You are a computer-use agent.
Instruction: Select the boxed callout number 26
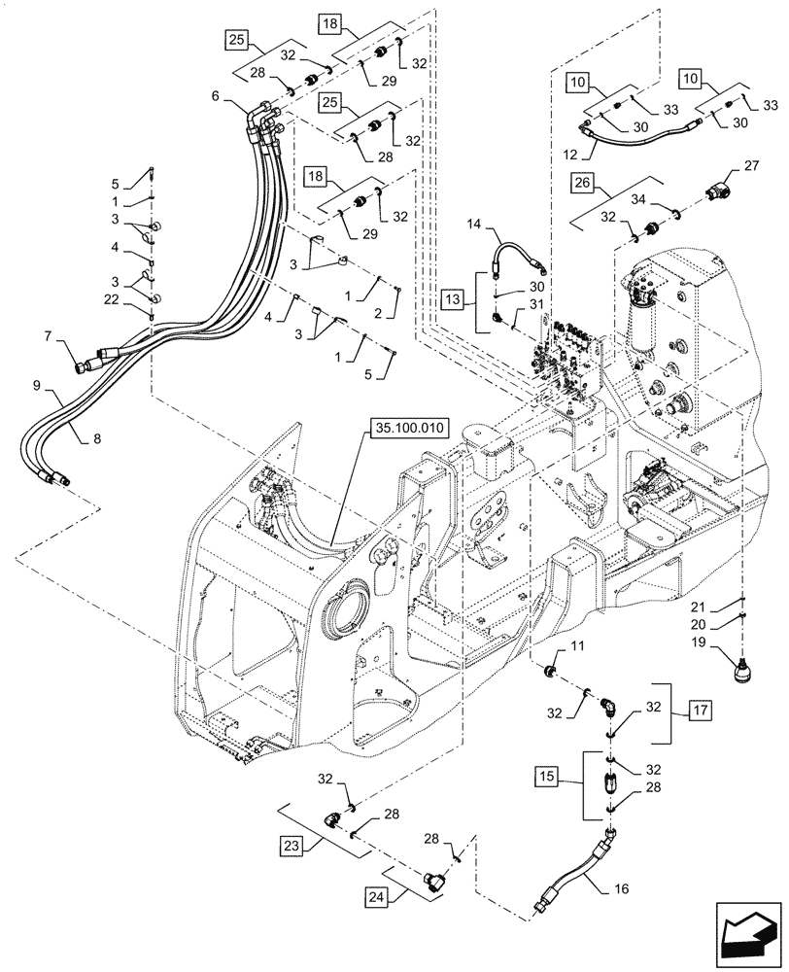coord(583,182)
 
